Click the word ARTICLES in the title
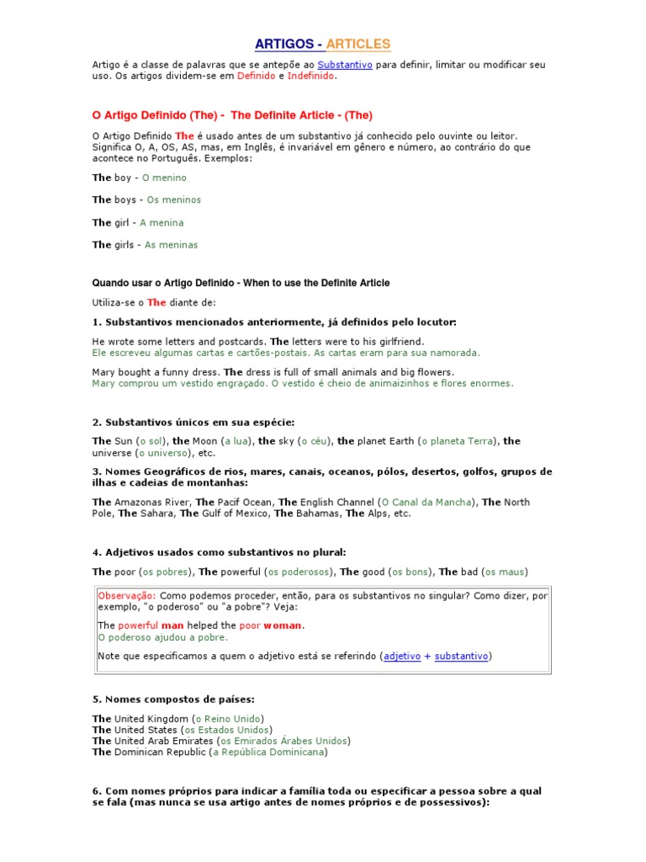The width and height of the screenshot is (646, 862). click(358, 44)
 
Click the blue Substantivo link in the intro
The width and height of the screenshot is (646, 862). click(345, 65)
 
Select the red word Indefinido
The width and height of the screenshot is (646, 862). click(310, 76)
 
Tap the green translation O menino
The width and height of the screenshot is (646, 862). click(164, 178)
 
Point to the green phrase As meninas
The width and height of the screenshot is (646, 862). click(172, 245)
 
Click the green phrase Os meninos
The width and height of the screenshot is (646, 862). click(174, 200)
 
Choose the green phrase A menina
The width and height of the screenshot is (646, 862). click(161, 223)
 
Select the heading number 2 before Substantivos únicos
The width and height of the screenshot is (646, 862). click(96, 422)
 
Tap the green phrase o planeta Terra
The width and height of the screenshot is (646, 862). click(458, 441)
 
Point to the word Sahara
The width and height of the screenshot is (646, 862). click(157, 513)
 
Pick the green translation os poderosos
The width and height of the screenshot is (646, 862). click(300, 572)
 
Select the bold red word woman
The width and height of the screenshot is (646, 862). click(283, 626)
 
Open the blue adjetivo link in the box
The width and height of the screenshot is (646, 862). click(402, 657)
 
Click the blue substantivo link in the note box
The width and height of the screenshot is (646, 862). click(462, 657)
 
